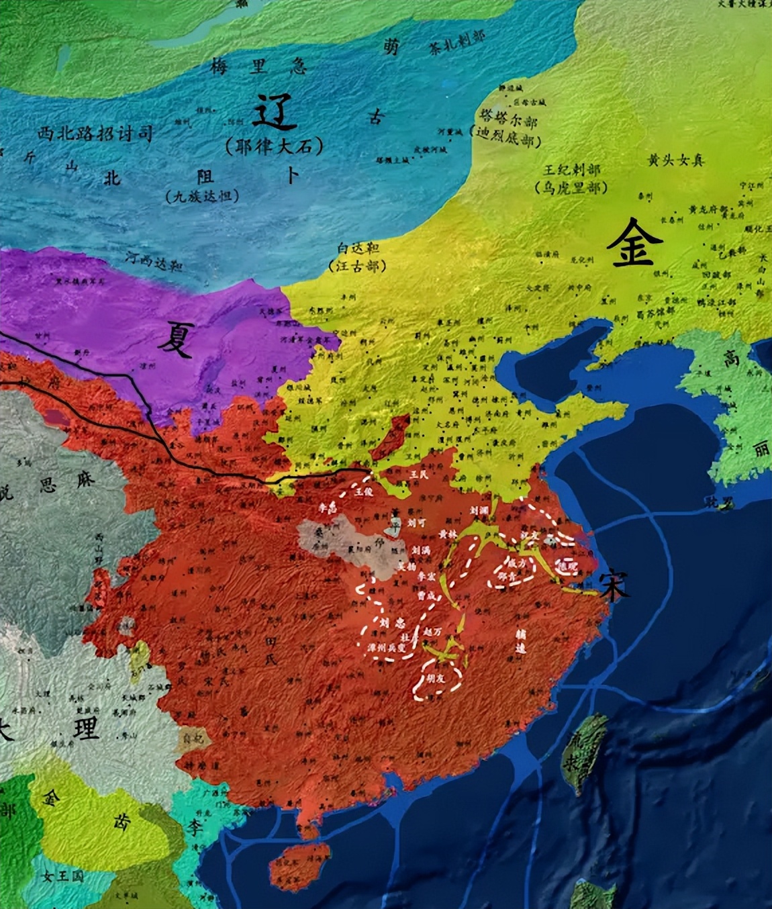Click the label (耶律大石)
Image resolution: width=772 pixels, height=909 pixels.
coord(275,145)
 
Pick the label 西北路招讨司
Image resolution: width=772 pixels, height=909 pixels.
coord(96,134)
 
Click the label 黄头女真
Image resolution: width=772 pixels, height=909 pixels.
coord(675,160)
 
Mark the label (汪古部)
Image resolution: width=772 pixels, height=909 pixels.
coord(357,266)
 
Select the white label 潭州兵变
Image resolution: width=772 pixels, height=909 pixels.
coord(387,649)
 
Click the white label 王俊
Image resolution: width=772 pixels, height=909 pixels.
coord(363,491)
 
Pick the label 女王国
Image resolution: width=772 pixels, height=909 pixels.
coord(61,877)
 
